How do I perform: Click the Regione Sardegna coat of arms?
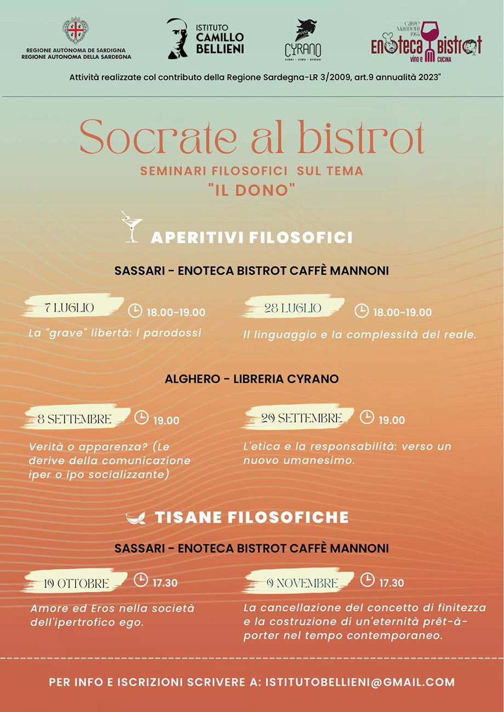(77, 31)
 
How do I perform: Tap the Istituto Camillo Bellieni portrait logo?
(177, 38)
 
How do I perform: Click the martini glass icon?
(131, 227)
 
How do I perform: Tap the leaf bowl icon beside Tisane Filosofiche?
(135, 518)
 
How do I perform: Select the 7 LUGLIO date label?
(70, 308)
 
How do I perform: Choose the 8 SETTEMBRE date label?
(75, 420)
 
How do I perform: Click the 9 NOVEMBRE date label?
(302, 583)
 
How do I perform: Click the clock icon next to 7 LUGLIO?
(135, 311)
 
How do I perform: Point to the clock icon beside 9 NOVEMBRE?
(367, 579)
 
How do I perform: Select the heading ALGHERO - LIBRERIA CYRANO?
(251, 378)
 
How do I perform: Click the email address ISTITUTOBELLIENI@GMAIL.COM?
(360, 682)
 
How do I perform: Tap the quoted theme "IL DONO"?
(252, 190)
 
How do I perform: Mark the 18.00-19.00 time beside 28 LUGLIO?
(403, 312)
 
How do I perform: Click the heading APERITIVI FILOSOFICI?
(251, 238)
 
